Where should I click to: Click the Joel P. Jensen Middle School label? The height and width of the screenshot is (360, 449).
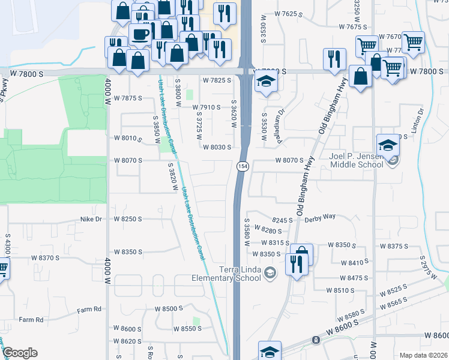356,160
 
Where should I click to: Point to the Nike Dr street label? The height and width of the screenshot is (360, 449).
92,220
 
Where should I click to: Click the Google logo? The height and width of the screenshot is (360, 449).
20,352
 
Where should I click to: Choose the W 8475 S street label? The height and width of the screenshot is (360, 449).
353,278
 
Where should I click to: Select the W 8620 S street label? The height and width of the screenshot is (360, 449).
127,341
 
